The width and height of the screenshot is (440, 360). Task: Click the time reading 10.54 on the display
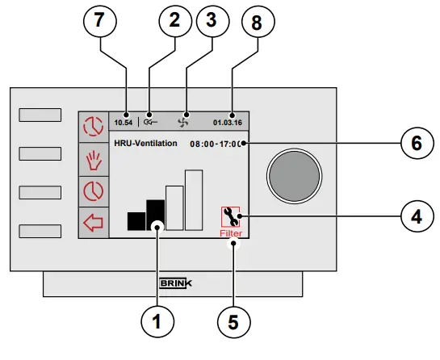pyautogui.click(x=123, y=123)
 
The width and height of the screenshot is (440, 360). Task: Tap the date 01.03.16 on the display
pyautogui.click(x=227, y=123)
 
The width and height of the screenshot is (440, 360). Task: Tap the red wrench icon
pyautogui.click(x=231, y=216)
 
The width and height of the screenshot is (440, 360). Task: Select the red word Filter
pyautogui.click(x=232, y=233)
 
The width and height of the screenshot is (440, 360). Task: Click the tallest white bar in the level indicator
pyautogui.click(x=193, y=199)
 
